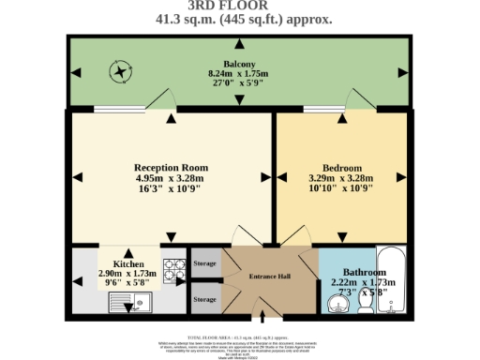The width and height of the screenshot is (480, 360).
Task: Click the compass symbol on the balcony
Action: point(120,70)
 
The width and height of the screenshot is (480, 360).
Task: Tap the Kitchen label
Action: point(128,264)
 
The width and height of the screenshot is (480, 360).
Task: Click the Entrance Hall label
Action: point(269,276)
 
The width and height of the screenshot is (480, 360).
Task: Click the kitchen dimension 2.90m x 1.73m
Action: point(128,274)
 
